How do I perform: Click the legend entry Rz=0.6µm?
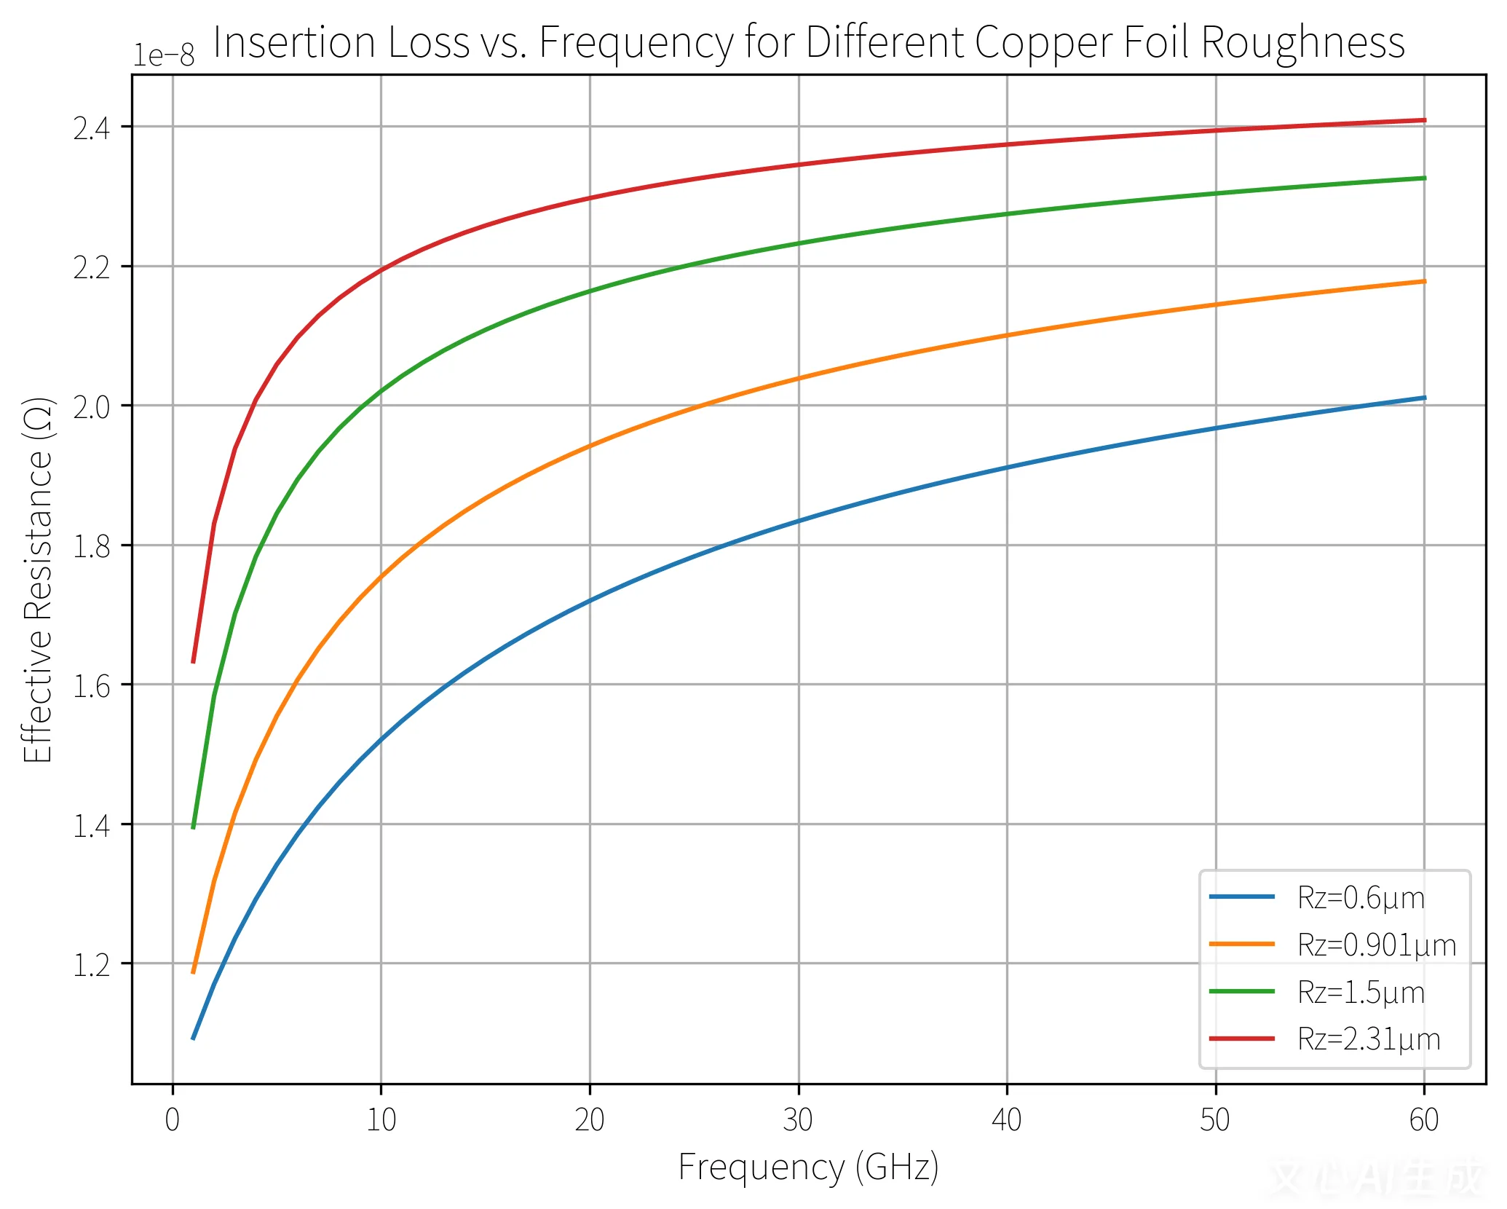[x=1360, y=898]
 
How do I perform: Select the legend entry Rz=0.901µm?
[x=1376, y=945]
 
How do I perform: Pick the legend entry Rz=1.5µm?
[x=1360, y=993]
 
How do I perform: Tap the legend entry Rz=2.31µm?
[x=1368, y=1039]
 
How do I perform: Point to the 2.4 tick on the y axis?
[x=92, y=128]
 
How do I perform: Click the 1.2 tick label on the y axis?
[x=92, y=965]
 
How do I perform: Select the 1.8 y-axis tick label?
[x=92, y=546]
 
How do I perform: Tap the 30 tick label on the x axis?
[x=798, y=1120]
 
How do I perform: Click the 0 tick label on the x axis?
[x=173, y=1120]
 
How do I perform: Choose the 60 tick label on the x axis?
[x=1423, y=1120]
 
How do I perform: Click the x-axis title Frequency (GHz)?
[x=808, y=1167]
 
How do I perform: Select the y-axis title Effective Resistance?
[x=38, y=580]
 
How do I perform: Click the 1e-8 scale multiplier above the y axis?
[x=163, y=55]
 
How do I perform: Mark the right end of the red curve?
[x=1424, y=120]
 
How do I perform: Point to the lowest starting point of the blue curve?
[x=193, y=1038]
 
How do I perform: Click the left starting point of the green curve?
[x=193, y=827]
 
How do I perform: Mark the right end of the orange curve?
[x=1424, y=281]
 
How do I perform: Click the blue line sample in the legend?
[x=1241, y=897]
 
